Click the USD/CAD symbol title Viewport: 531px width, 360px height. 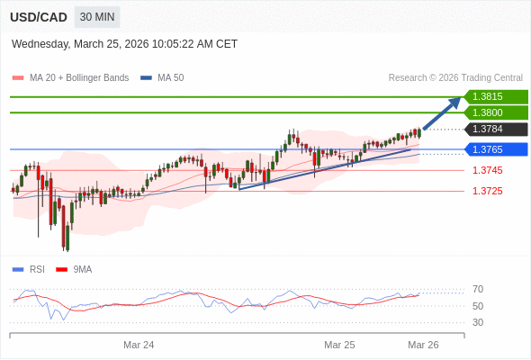tap(39, 17)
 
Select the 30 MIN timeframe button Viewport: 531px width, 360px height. tap(96, 17)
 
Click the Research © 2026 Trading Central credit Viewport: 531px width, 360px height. tap(455, 77)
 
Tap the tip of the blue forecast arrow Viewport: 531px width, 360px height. tap(460, 99)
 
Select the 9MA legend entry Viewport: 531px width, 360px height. tap(82, 269)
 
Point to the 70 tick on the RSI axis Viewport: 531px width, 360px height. tap(478, 289)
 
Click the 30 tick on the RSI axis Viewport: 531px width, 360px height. tap(478, 322)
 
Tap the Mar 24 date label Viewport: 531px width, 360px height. tap(139, 345)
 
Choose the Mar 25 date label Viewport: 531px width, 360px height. tap(339, 345)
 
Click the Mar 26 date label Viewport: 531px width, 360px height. tap(423, 345)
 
